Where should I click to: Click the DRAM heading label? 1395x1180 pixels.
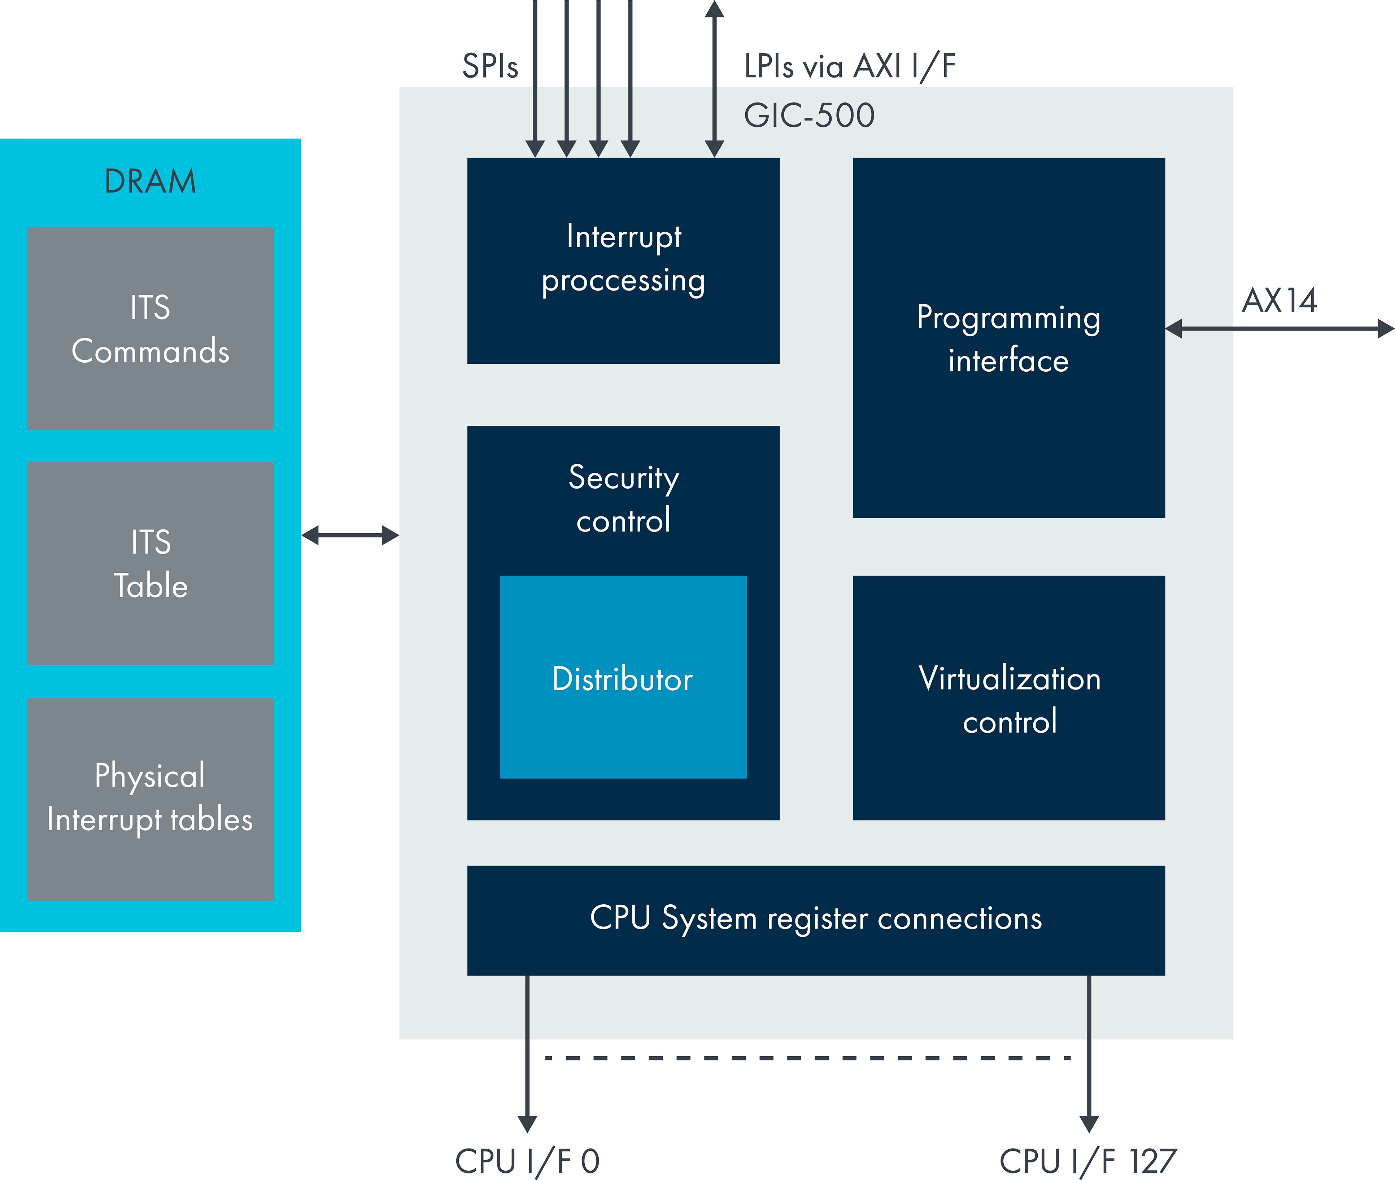point(151,181)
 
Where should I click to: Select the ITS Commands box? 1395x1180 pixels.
point(151,328)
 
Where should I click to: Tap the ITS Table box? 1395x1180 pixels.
point(151,563)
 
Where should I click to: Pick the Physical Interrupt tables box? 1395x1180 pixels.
point(151,799)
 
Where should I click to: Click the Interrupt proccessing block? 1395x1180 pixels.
point(623,260)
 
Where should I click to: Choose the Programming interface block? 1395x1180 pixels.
point(1008,338)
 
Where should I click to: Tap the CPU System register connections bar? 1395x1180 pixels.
point(816,920)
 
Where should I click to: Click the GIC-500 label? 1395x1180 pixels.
point(809,115)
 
